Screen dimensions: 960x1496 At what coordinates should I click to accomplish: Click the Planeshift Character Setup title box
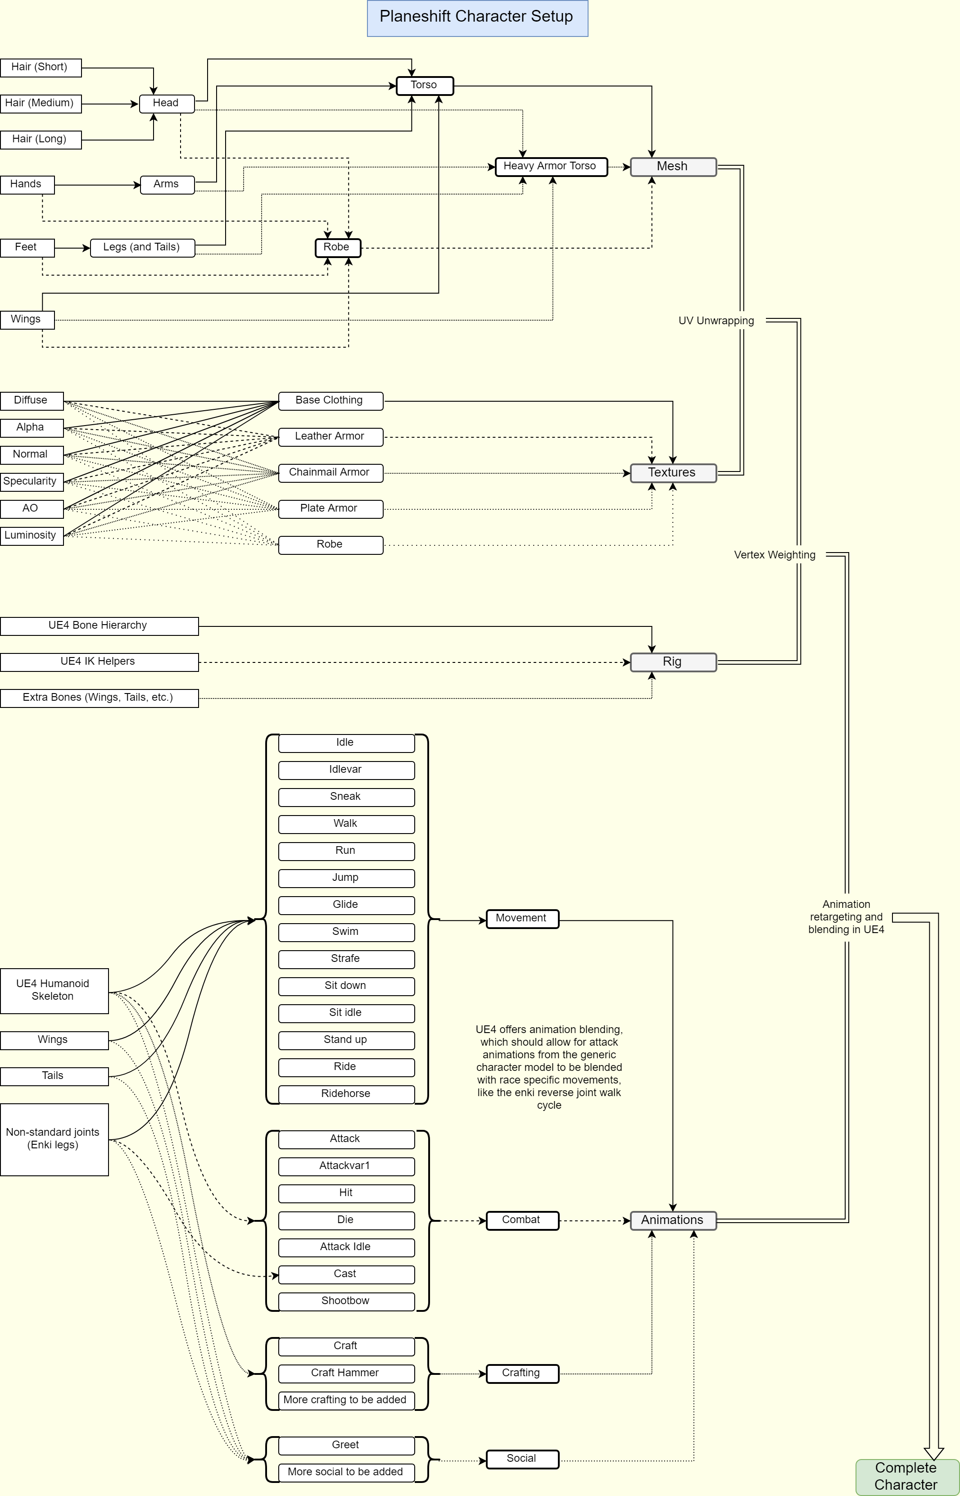pyautogui.click(x=477, y=18)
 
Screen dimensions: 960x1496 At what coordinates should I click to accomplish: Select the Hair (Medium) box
pyautogui.click(x=41, y=104)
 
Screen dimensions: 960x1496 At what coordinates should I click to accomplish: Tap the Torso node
pyautogui.click(x=425, y=86)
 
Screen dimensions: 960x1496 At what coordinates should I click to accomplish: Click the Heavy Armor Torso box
pyautogui.click(x=551, y=167)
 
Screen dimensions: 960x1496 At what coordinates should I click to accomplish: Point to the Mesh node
pyautogui.click(x=673, y=167)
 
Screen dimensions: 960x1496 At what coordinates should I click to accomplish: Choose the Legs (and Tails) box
pyautogui.click(x=143, y=248)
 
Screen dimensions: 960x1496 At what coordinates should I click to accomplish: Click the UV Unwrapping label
pyautogui.click(x=716, y=321)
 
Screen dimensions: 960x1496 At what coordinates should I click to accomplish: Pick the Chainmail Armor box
pyautogui.click(x=331, y=473)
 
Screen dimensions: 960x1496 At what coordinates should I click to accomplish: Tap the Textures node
pyautogui.click(x=673, y=473)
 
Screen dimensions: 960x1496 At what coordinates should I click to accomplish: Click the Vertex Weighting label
pyautogui.click(x=775, y=555)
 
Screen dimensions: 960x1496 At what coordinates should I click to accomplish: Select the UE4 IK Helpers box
pyautogui.click(x=99, y=662)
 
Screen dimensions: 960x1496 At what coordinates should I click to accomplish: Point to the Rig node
pyautogui.click(x=673, y=662)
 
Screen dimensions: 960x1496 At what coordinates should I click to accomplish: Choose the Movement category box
pyautogui.click(x=522, y=919)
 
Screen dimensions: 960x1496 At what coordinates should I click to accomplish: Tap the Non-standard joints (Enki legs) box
pyautogui.click(x=54, y=1139)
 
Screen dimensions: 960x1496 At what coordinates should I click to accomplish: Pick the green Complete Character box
pyautogui.click(x=907, y=1477)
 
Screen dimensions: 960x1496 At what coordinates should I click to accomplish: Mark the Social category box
pyautogui.click(x=522, y=1459)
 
